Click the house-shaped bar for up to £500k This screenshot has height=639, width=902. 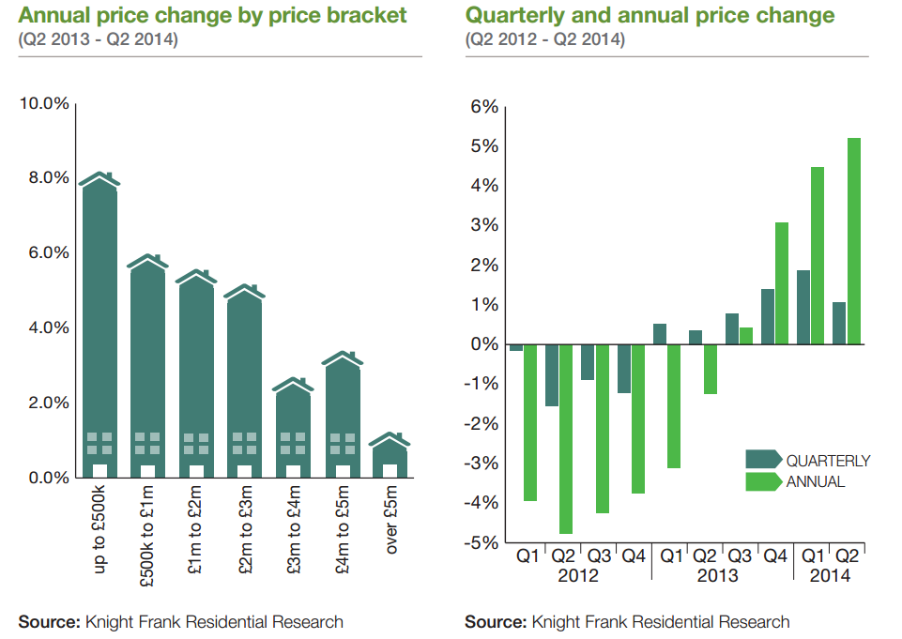click(99, 328)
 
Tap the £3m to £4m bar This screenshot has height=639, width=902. click(293, 432)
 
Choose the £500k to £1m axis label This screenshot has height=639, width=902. click(147, 535)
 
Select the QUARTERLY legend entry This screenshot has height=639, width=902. click(827, 461)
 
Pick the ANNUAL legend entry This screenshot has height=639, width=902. click(815, 481)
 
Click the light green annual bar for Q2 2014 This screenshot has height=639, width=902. click(854, 241)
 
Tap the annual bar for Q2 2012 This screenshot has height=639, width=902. click(566, 439)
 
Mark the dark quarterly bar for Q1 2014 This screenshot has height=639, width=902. click(803, 307)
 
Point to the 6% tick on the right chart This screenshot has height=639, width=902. click(482, 107)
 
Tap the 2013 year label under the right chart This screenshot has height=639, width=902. click(717, 575)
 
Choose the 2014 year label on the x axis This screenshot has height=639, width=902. click(829, 575)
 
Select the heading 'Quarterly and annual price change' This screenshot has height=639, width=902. click(650, 15)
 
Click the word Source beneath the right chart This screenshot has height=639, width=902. click(495, 622)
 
